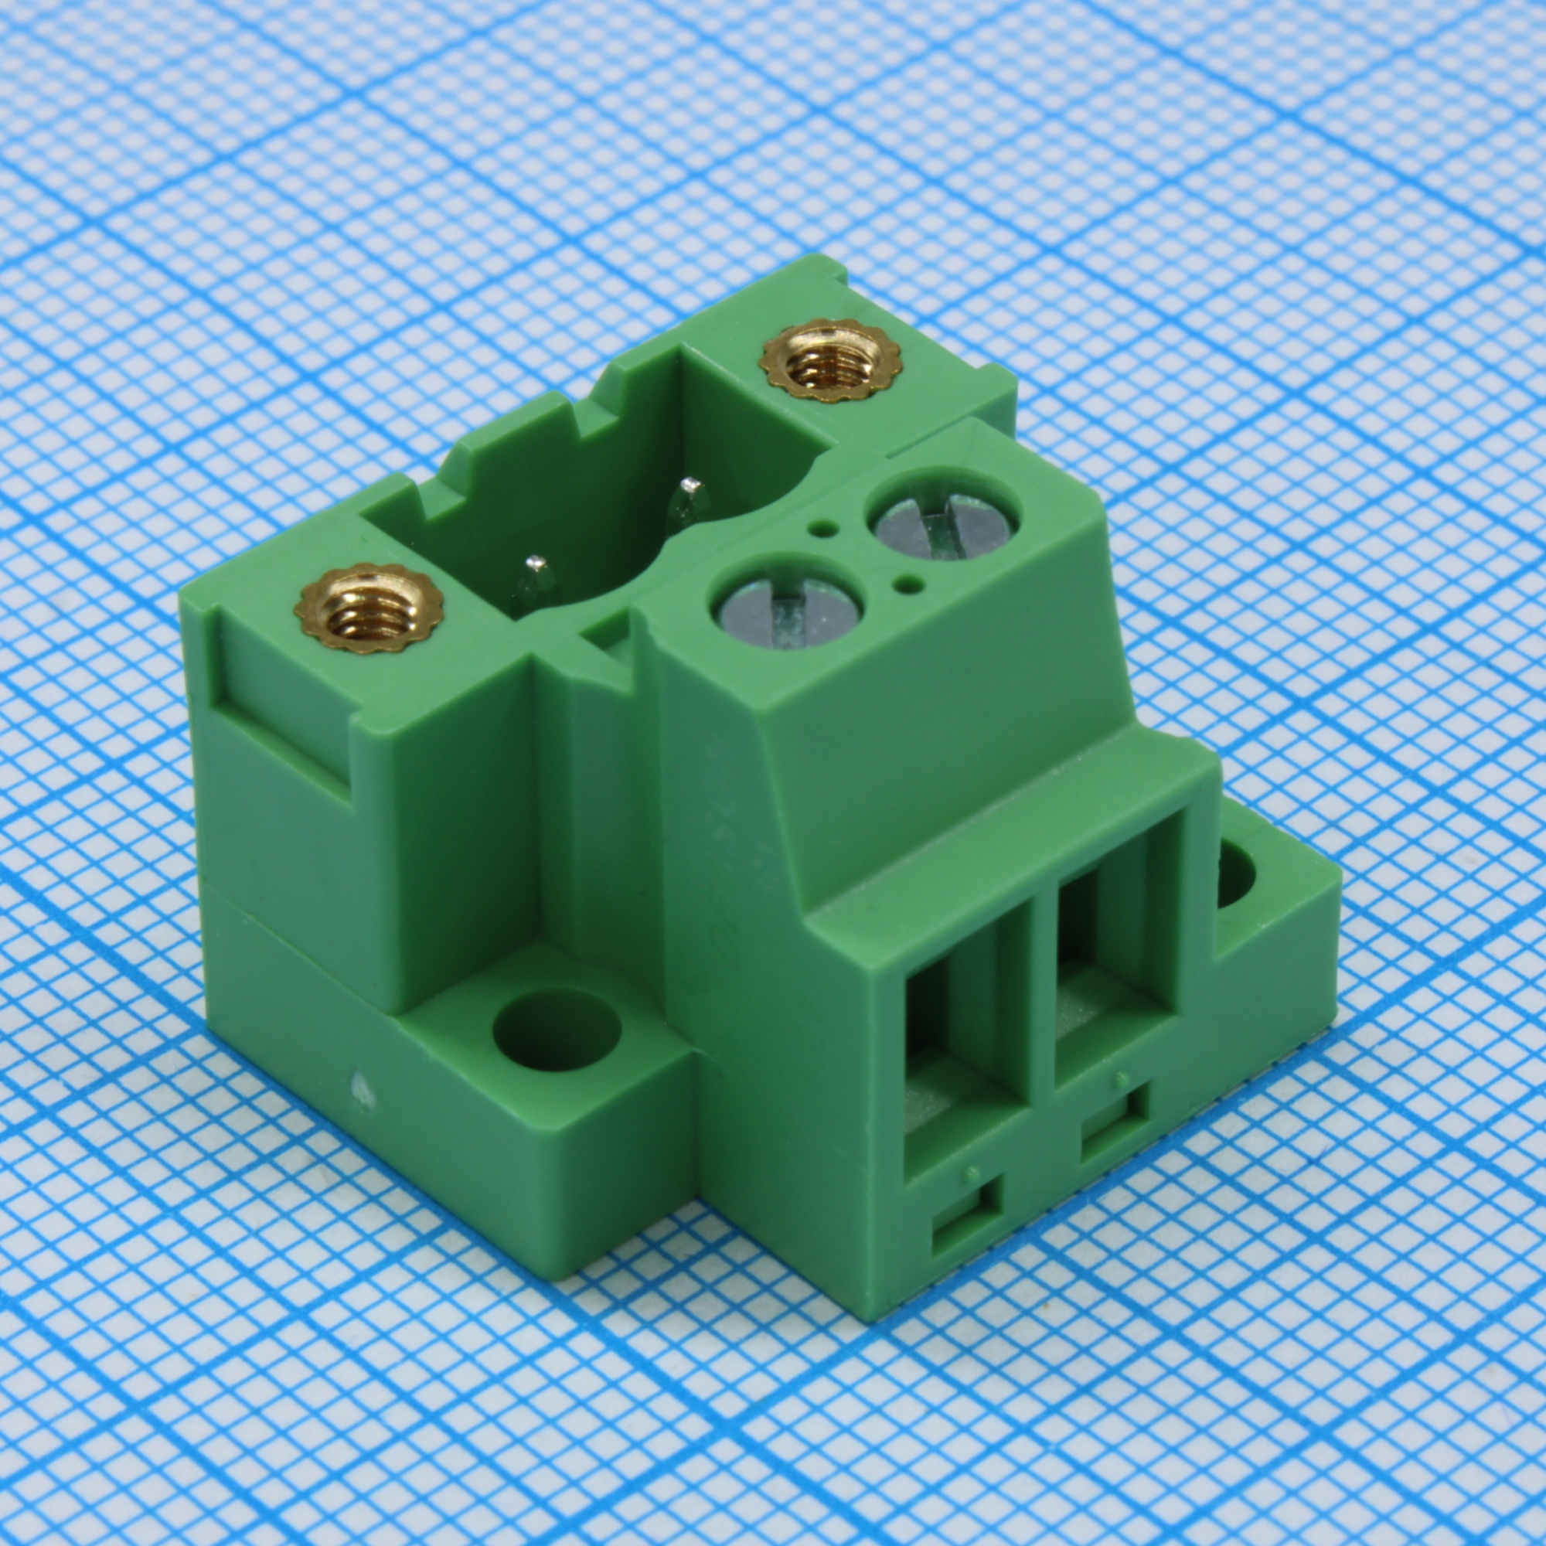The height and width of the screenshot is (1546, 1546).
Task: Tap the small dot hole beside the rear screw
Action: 820,527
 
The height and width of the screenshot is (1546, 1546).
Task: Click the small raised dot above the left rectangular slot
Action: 971,1174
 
